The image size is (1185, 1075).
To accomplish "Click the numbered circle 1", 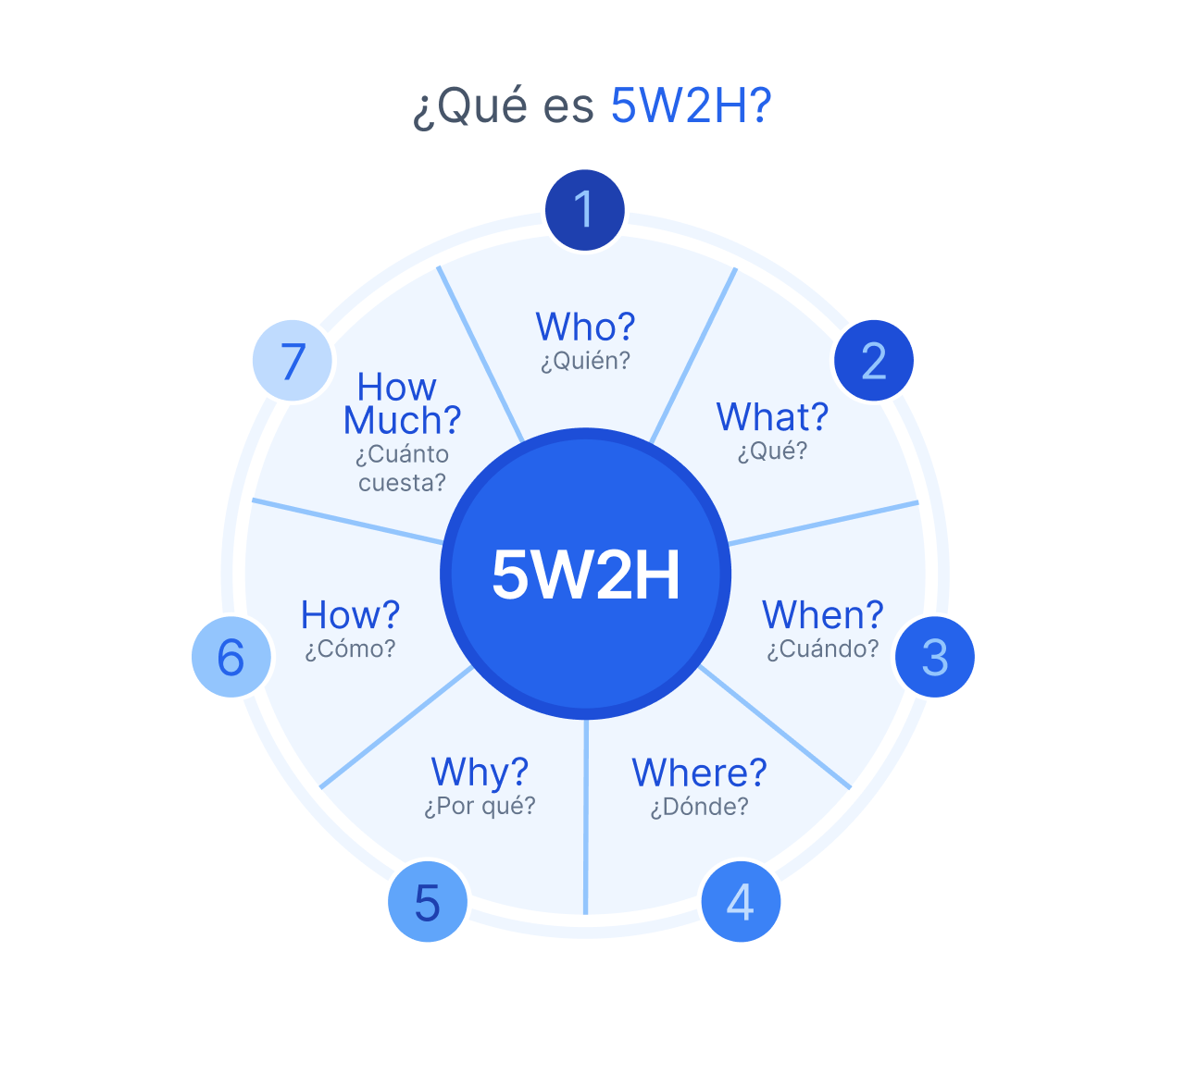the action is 584,210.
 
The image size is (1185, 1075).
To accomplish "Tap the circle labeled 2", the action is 873,361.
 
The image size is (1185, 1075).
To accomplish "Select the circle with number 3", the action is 935,657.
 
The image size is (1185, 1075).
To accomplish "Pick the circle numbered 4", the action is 741,902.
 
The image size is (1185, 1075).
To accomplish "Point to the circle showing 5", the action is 427,902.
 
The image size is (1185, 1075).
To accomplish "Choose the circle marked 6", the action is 231,657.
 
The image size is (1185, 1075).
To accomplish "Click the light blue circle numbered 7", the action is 293,361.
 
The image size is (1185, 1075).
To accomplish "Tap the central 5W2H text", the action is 585,575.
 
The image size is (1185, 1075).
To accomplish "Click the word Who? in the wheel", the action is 585,327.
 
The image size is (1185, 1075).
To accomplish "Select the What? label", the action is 772,417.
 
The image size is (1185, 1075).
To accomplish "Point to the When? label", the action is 822,615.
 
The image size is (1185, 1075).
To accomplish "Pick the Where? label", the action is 699,772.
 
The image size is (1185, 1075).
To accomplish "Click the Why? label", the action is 480,772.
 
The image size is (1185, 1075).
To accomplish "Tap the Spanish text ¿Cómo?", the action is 350,649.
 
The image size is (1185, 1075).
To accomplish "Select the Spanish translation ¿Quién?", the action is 585,361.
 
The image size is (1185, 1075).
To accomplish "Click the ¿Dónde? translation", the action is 699,807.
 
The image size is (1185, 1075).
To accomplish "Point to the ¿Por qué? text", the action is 480,806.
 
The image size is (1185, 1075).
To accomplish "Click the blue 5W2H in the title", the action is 691,106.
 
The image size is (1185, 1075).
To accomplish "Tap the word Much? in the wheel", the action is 402,421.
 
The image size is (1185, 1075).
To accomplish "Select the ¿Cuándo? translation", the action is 822,649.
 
